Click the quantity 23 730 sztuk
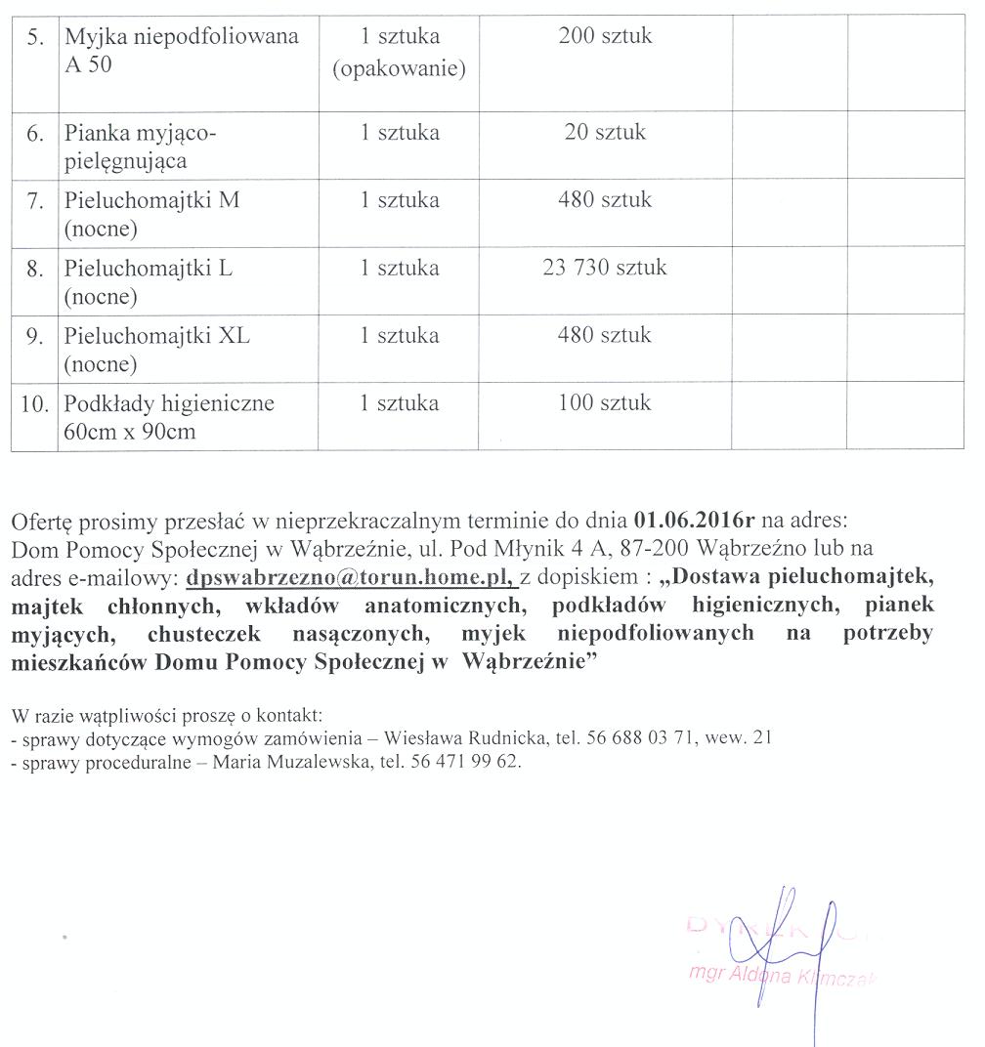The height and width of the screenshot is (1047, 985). (605, 268)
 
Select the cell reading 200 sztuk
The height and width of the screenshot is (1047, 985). (605, 37)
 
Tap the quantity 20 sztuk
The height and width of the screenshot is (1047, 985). (605, 133)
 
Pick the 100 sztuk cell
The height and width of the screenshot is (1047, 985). (605, 402)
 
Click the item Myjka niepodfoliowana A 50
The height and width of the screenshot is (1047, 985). (181, 51)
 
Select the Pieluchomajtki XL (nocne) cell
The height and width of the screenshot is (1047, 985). (157, 350)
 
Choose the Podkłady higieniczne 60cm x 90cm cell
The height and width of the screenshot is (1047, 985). (169, 417)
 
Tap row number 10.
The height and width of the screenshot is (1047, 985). (34, 403)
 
